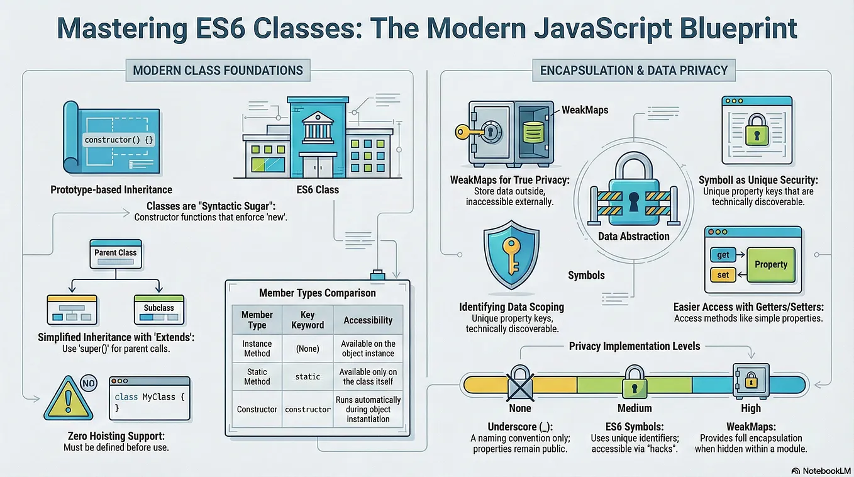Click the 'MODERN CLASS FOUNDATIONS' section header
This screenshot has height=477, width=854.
(x=218, y=70)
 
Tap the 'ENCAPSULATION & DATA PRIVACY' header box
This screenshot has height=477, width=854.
(x=634, y=70)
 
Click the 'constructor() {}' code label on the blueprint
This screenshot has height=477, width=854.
(x=119, y=140)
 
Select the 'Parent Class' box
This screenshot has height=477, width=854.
(x=116, y=254)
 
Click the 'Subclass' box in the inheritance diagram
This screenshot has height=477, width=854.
(x=159, y=310)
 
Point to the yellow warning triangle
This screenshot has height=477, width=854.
(x=69, y=398)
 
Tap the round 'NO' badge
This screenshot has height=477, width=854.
(x=89, y=383)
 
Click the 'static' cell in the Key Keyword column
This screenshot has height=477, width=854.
(x=308, y=377)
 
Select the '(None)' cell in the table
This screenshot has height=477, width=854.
(x=308, y=349)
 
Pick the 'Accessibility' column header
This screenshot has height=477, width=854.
(x=368, y=320)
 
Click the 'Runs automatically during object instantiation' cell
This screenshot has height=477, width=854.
(x=368, y=409)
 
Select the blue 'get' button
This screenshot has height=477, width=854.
(x=723, y=254)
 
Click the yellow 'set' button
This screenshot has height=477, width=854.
(x=723, y=275)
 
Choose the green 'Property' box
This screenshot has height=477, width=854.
(x=771, y=264)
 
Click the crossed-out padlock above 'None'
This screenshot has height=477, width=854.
(x=520, y=383)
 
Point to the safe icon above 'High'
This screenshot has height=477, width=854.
(x=751, y=381)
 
